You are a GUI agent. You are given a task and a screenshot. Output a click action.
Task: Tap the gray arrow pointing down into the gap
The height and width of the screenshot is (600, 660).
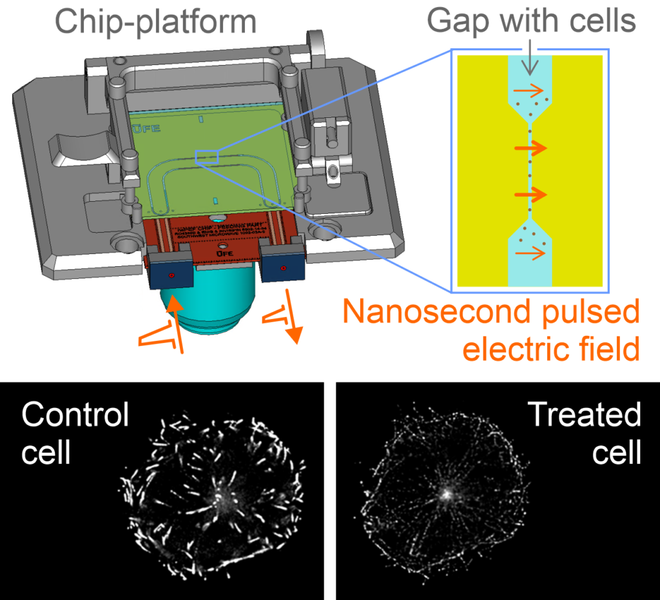tap(529, 61)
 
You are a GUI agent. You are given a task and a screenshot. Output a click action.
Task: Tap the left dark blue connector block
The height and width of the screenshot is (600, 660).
tap(171, 271)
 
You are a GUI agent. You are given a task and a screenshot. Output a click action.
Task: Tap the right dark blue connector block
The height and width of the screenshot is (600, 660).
tap(282, 264)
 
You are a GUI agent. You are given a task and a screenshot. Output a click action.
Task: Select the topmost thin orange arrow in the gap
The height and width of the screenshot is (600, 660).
tap(529, 92)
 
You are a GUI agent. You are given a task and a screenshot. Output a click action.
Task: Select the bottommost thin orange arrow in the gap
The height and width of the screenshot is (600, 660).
tap(529, 255)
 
